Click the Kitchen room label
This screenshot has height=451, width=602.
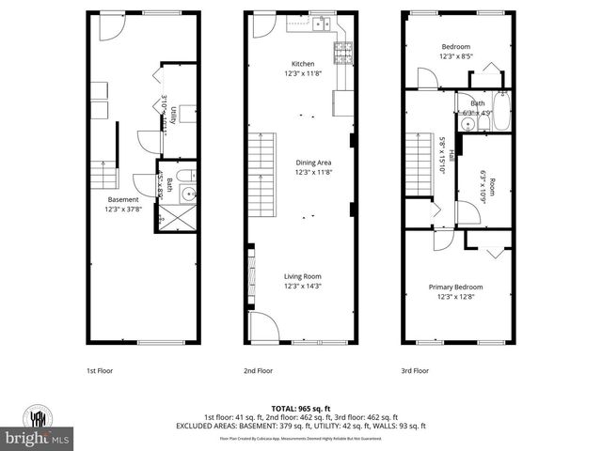(x=302, y=64)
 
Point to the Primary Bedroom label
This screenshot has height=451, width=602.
(x=456, y=287)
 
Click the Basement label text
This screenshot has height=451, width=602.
(x=123, y=199)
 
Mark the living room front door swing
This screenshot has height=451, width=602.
(x=262, y=328)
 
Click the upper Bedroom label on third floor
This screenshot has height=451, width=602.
(x=456, y=45)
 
